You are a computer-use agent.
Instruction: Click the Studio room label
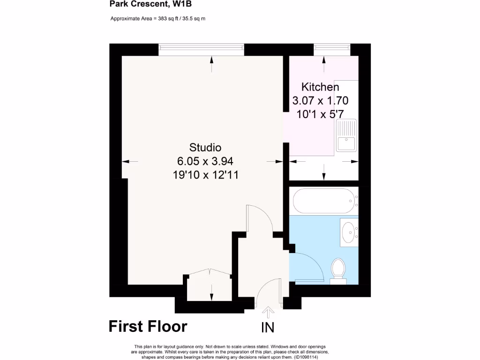point(205,146)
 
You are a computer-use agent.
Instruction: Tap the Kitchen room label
point(320,87)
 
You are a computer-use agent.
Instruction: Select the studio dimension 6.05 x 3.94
point(205,161)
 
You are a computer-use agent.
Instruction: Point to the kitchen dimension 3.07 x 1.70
point(320,100)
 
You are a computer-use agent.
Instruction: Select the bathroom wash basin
point(348,231)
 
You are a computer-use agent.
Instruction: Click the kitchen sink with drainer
point(346,135)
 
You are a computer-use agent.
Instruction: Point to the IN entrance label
point(268,328)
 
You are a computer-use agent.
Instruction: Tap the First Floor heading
point(148,326)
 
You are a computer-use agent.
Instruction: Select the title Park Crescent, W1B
point(144,5)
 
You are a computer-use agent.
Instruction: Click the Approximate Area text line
point(158,19)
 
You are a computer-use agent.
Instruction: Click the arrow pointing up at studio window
point(212,64)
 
